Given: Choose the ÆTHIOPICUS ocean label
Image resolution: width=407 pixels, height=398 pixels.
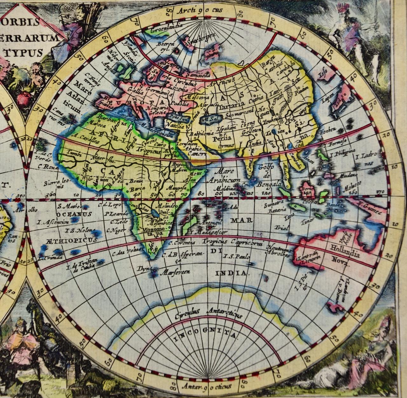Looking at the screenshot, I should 68,240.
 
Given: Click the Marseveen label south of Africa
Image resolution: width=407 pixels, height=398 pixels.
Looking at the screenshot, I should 175,272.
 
